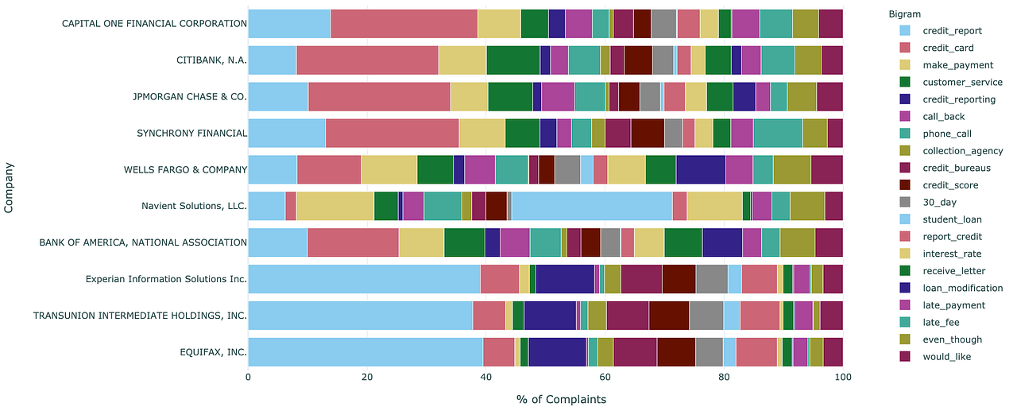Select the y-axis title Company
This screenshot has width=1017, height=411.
click(9, 187)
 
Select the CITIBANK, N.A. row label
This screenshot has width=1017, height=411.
click(211, 60)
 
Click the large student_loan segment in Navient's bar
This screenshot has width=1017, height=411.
click(592, 206)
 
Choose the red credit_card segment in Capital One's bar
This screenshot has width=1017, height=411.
click(404, 23)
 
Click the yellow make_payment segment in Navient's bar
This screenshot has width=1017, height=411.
click(334, 206)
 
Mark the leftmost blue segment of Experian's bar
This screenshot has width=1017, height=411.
click(364, 279)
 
